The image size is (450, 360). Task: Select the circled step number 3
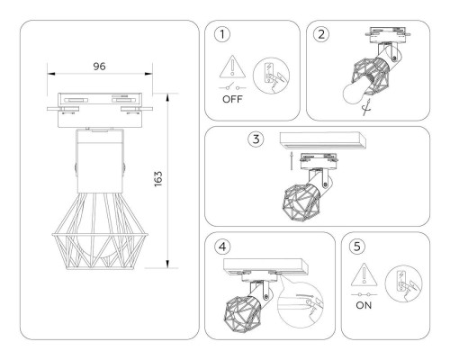[x=257, y=139]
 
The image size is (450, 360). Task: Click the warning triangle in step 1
[x=231, y=65]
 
